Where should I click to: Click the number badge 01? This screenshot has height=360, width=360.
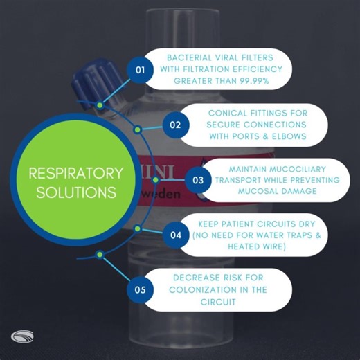point(141,70)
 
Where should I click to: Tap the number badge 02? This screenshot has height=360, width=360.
point(176,125)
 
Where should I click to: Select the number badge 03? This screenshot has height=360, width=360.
point(198,180)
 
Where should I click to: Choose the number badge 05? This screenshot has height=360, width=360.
point(141,289)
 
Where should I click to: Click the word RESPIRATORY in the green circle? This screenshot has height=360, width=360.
point(72,172)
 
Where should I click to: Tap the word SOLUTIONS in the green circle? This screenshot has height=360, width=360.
point(72,192)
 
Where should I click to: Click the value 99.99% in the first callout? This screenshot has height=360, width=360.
point(253,82)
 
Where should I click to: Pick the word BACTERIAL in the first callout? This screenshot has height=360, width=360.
point(191,58)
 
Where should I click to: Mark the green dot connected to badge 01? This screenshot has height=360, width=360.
point(100,105)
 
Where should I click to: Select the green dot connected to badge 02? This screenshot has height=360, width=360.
point(138,129)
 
